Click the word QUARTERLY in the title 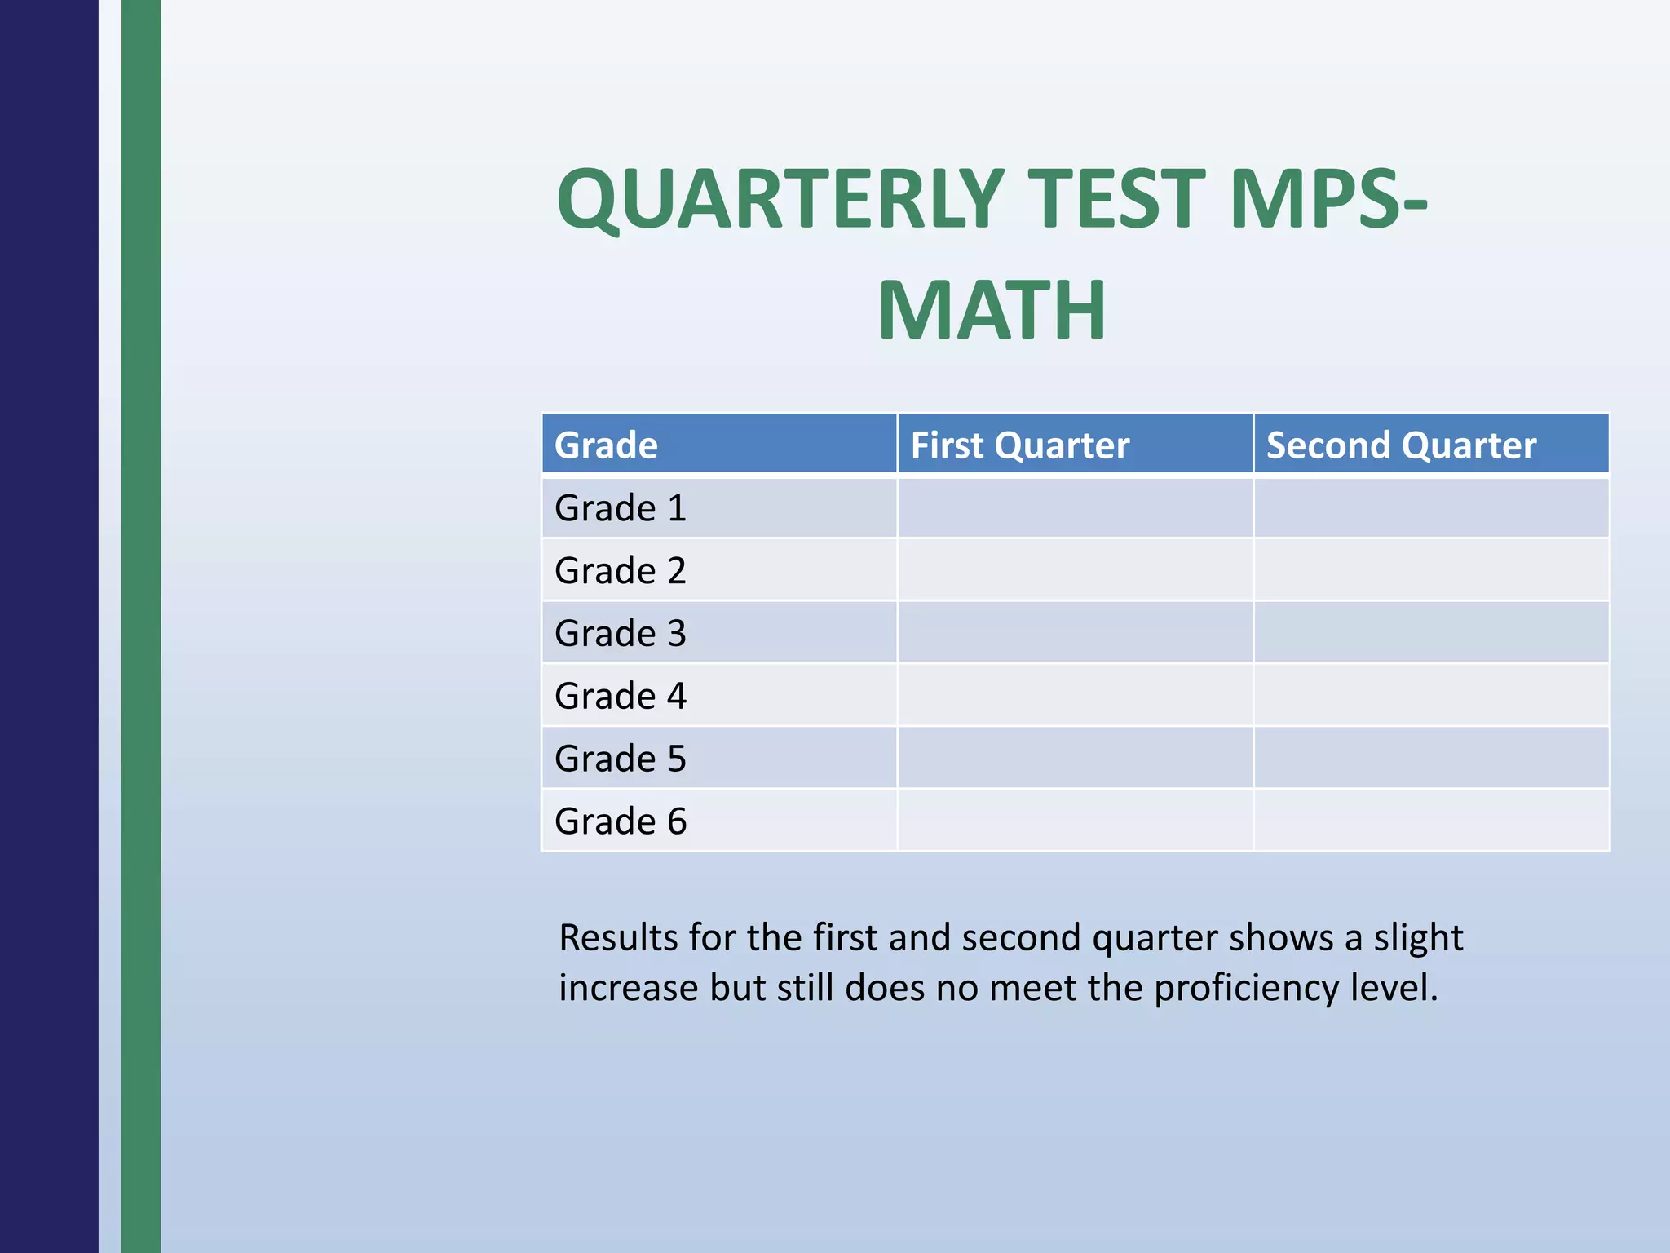tap(780, 199)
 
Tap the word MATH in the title tap(992, 310)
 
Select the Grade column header tap(606, 445)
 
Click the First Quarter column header tap(1019, 445)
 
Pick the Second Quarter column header tap(1400, 445)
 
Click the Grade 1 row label tap(621, 508)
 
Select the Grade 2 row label tap(621, 570)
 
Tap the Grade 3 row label tap(621, 633)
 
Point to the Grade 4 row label tap(621, 696)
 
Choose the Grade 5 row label tap(621, 759)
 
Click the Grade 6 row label tap(621, 821)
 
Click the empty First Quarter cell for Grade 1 tap(1075, 508)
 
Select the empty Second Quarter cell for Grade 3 tap(1431, 633)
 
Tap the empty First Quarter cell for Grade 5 tap(1075, 759)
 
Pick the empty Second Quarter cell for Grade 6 tap(1431, 821)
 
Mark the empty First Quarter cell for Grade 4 tap(1075, 696)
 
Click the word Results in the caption tap(618, 938)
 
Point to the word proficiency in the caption tap(1246, 988)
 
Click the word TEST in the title tap(1121, 199)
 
